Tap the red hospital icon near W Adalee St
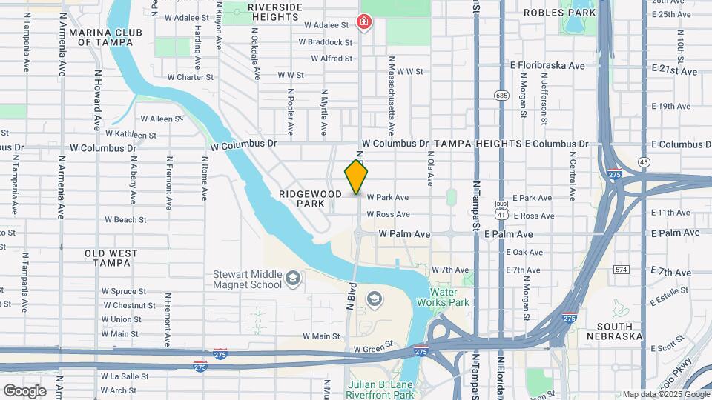364,21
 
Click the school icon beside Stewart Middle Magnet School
293,279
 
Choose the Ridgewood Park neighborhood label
311,199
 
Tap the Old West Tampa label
111,259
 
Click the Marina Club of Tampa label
101,37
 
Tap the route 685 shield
502,96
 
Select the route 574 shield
622,269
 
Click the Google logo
24,390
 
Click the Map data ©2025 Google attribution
666,395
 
